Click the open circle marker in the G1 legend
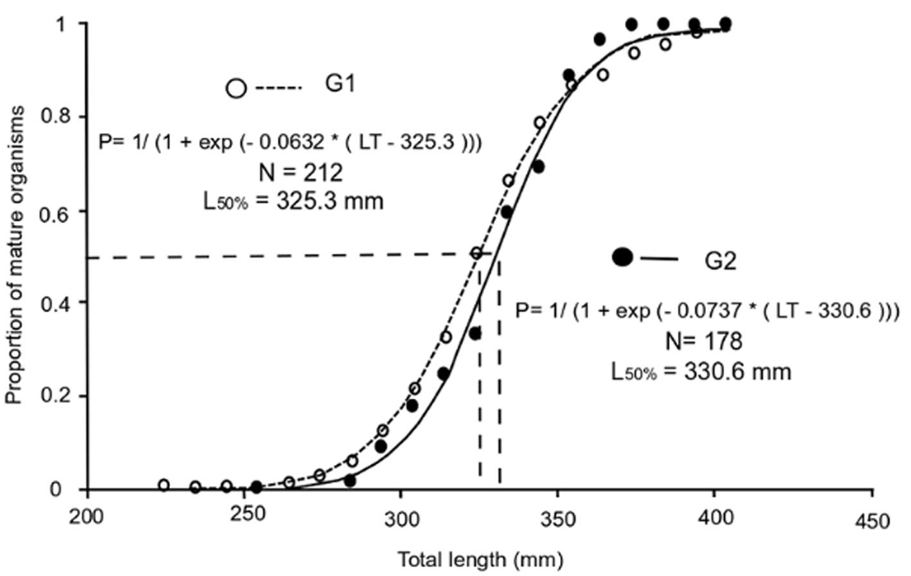[x=237, y=88]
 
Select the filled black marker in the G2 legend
[x=623, y=257]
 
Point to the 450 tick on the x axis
[x=872, y=519]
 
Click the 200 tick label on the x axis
[x=87, y=519]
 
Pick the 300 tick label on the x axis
[x=401, y=519]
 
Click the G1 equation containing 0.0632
[x=291, y=142]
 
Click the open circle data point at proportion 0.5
[x=476, y=253]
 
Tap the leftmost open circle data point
[x=164, y=485]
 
